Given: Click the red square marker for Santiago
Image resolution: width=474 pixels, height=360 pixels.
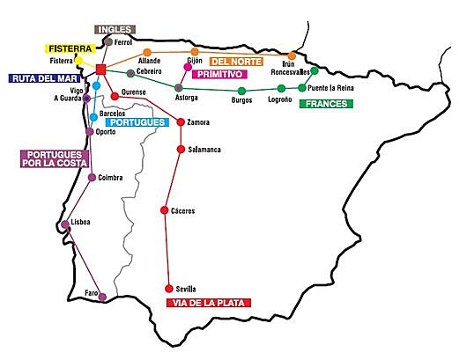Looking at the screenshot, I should pos(101,70).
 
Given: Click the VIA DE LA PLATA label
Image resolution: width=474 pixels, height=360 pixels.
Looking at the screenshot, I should pos(209,303).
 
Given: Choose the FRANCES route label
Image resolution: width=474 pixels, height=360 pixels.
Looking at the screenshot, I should pos(325,104).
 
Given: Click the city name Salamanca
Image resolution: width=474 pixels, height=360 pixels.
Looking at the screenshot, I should pos(204,151).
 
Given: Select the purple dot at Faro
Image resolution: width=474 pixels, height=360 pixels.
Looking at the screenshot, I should pos(102,297).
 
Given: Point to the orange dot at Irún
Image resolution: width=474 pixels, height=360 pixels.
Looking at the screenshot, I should pos(293,55).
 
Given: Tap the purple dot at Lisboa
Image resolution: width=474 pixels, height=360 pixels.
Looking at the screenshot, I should pos(66,224).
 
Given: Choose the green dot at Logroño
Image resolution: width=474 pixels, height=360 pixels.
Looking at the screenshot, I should pos(281,89).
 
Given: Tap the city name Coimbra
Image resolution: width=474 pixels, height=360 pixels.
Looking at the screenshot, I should pos(110,178).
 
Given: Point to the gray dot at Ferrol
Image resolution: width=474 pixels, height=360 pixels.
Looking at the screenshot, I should pos(107,41).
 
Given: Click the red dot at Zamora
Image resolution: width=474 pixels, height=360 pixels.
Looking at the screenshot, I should pos(181,122).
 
